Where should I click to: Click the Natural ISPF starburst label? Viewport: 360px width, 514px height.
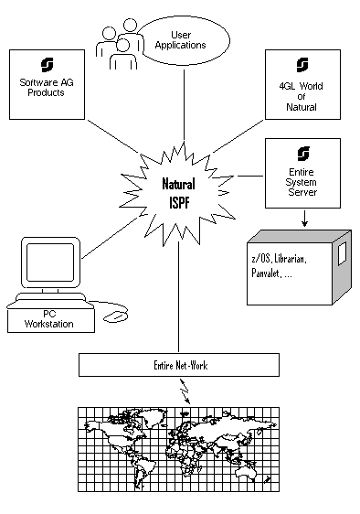tap(179, 193)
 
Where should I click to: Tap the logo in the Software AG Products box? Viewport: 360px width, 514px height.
tap(48, 65)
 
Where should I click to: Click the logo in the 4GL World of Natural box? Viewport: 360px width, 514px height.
tap(302, 65)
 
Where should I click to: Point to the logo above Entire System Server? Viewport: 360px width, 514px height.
tap(303, 154)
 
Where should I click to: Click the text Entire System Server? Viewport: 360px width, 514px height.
tap(302, 182)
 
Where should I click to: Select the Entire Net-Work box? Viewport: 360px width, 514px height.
tap(179, 365)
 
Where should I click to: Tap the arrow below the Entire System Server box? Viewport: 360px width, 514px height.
tap(304, 218)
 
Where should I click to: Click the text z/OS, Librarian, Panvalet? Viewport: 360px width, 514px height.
tap(279, 266)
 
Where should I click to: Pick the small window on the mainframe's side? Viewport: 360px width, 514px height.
tap(343, 253)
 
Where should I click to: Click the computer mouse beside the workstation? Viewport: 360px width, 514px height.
tap(115, 316)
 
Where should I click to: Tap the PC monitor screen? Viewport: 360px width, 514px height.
tap(50, 262)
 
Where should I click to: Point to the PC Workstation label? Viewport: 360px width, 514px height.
tap(49, 319)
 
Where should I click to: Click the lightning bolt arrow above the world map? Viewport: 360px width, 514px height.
tap(185, 391)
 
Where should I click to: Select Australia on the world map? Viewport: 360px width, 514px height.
tap(246, 471)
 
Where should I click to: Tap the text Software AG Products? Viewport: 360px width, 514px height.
tap(47, 88)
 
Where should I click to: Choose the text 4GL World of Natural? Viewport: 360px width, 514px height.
tap(301, 96)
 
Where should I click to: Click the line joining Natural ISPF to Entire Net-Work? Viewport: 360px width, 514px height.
tap(178, 297)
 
